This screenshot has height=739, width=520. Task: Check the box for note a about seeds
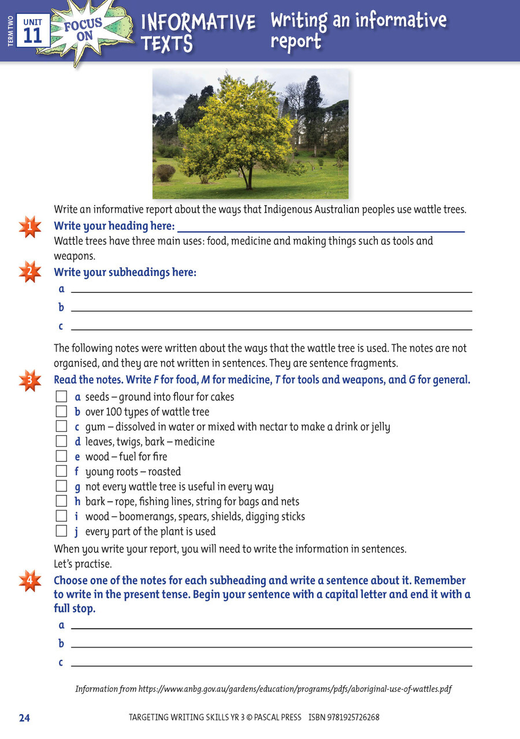point(61,397)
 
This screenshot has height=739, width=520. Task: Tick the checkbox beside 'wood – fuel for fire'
point(61,457)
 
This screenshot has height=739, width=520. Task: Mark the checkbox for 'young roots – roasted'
point(61,472)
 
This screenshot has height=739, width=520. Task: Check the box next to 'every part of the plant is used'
point(61,531)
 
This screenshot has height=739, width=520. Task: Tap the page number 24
point(24,718)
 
